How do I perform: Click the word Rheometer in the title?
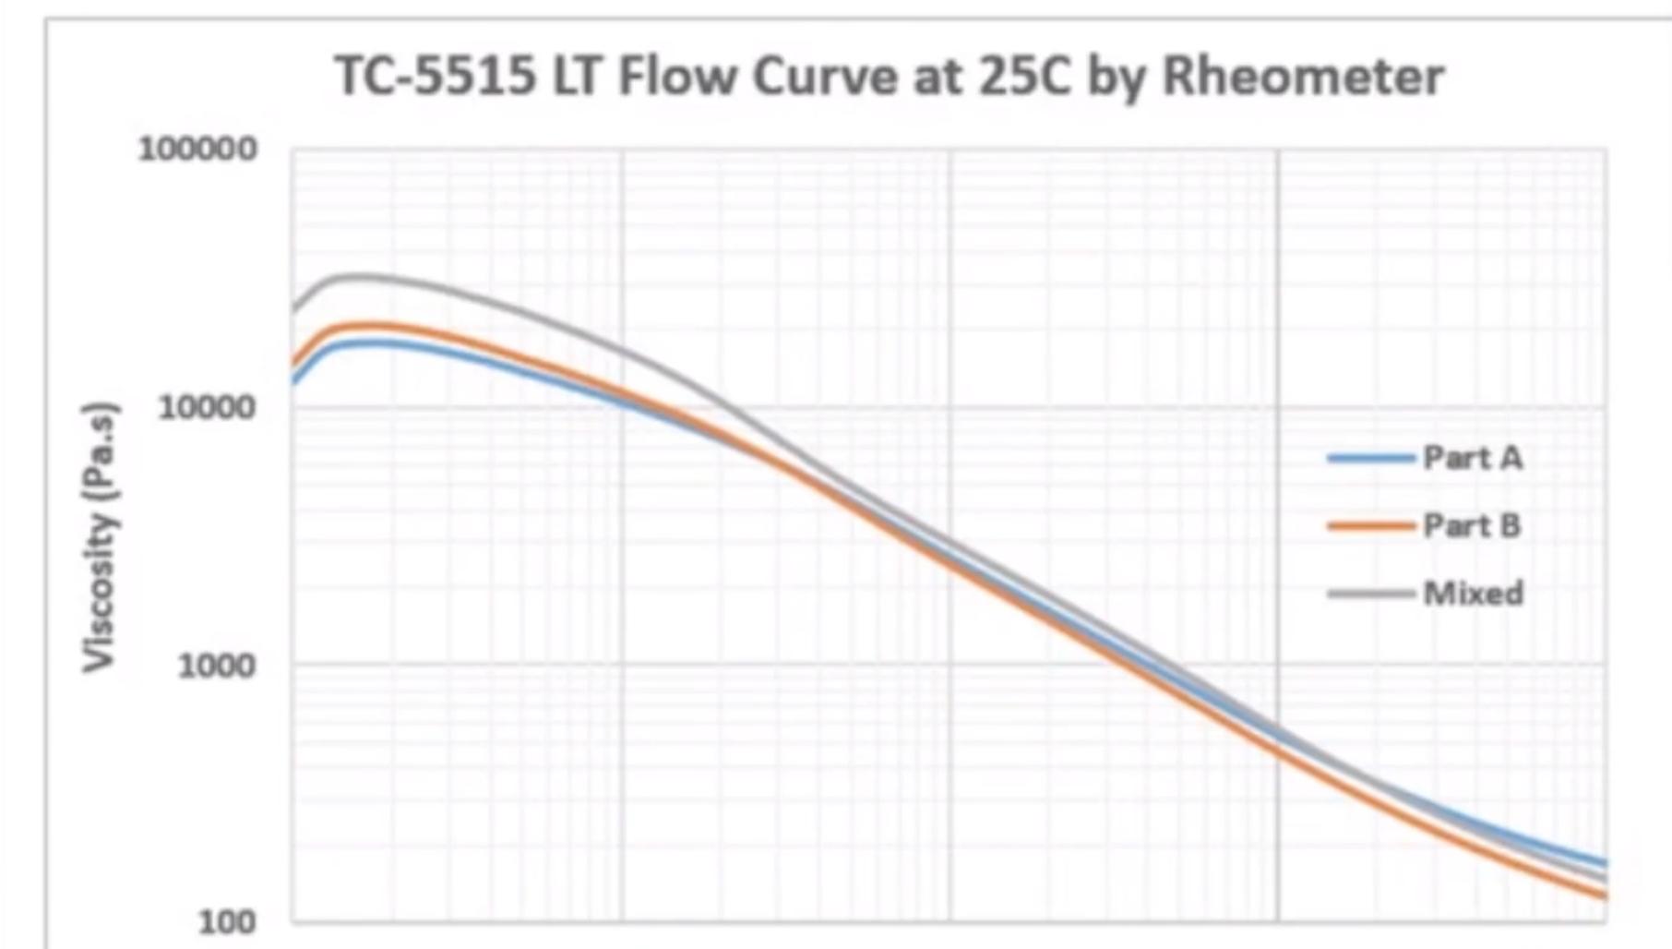(1302, 76)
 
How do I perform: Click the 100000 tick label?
(197, 150)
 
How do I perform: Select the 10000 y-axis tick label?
(207, 407)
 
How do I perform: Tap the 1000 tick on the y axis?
(216, 665)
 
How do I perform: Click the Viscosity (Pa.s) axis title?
(100, 536)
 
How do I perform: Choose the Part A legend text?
(1473, 458)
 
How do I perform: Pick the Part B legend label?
(1472, 526)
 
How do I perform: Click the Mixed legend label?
(1473, 594)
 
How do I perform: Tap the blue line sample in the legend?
(1371, 458)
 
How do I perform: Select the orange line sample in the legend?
(1371, 526)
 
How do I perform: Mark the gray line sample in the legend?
(1371, 594)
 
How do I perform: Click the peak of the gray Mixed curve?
(355, 276)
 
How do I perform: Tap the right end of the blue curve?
(1605, 863)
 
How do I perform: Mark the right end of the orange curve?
(1605, 895)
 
